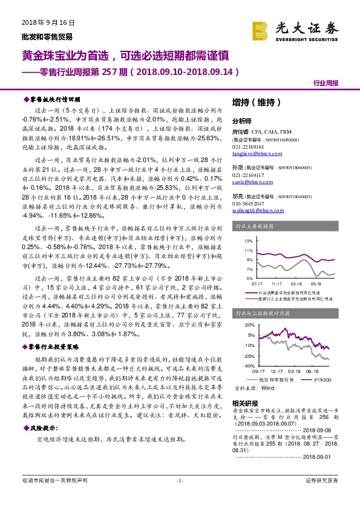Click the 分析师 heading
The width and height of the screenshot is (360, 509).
pyautogui.click(x=242, y=120)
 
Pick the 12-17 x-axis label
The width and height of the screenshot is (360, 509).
pyautogui.click(x=277, y=371)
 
